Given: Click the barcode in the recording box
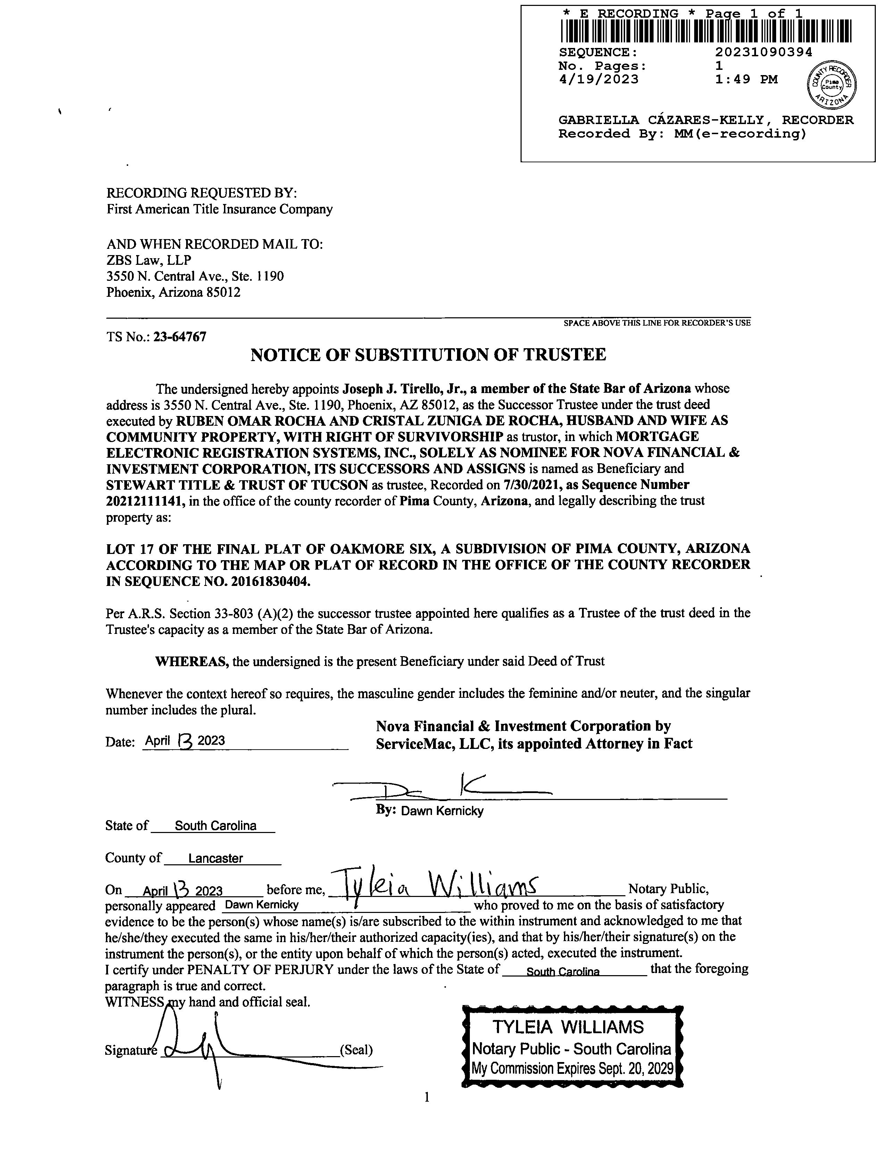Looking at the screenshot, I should coord(706,31).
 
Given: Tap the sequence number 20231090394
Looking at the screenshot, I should coord(764,52).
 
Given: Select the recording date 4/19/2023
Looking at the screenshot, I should coord(598,80).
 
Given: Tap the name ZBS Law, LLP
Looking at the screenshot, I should coord(149,260).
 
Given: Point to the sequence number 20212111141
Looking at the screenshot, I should coord(146,501).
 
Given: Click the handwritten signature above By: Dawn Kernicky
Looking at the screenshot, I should coord(442,788).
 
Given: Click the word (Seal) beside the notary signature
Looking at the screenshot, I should coord(357,1050).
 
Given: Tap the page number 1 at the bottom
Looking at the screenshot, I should coord(426,1097).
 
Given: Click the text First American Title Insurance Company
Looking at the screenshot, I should coord(219,209).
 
